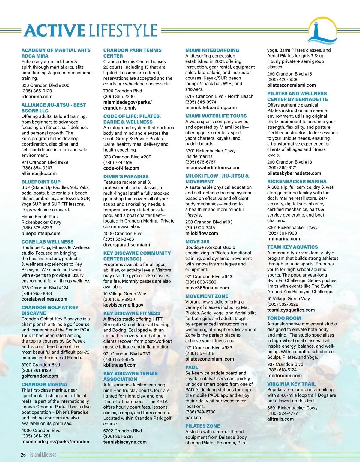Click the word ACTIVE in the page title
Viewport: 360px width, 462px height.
click(x=55, y=31)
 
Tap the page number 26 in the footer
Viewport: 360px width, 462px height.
click(x=23, y=455)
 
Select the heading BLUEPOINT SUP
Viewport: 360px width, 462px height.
click(x=41, y=182)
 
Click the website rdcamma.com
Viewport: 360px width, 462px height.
click(x=37, y=97)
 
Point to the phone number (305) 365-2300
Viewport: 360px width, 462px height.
click(x=119, y=96)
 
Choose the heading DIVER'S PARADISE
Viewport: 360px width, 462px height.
click(x=126, y=176)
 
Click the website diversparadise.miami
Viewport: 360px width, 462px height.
click(x=127, y=245)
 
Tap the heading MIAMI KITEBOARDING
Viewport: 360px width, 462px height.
click(x=212, y=50)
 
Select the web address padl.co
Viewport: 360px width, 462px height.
click(x=193, y=418)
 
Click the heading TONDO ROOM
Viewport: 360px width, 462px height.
click(x=284, y=318)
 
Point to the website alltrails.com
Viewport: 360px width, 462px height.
click(x=280, y=419)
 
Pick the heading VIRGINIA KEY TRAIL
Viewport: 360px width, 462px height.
click(x=291, y=384)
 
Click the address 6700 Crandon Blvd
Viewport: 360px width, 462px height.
click(x=41, y=365)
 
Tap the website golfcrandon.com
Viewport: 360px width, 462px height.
click(x=40, y=376)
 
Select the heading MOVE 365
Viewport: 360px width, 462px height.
click(x=197, y=242)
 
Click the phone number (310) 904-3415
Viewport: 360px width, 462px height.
click(x=200, y=228)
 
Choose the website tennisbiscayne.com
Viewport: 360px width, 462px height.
click(x=125, y=442)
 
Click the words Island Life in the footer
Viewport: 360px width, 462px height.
click(x=39, y=455)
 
